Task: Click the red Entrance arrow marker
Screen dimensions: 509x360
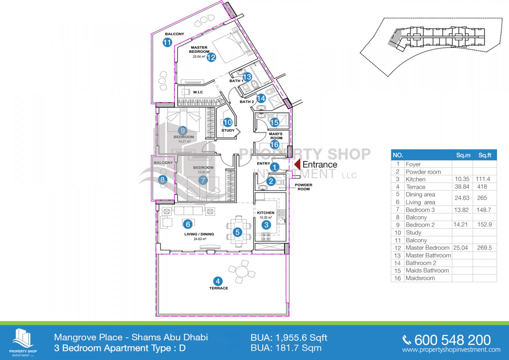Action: (x=298, y=164)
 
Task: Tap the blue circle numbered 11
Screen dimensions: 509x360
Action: (x=167, y=42)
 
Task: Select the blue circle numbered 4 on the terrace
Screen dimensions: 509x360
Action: (x=218, y=281)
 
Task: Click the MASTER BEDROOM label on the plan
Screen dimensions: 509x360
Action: (x=199, y=50)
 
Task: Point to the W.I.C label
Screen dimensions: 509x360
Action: (x=198, y=92)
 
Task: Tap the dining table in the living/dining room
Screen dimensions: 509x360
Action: (x=239, y=231)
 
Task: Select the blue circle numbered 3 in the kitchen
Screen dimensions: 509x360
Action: (x=266, y=225)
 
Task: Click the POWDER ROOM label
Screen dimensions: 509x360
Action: (x=304, y=187)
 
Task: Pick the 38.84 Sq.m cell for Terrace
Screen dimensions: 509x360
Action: (x=462, y=187)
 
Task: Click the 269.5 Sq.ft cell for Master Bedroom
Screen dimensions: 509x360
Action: (x=484, y=248)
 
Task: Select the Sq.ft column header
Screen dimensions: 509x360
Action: (x=485, y=155)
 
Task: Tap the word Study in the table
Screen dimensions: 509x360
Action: (x=414, y=233)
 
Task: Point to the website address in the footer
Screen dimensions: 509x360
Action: (x=451, y=350)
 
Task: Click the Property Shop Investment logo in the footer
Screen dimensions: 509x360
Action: (x=23, y=342)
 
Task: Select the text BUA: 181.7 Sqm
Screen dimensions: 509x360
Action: (x=286, y=348)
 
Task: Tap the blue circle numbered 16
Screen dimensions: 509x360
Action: (x=274, y=145)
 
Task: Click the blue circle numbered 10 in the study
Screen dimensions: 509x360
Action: (x=228, y=123)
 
